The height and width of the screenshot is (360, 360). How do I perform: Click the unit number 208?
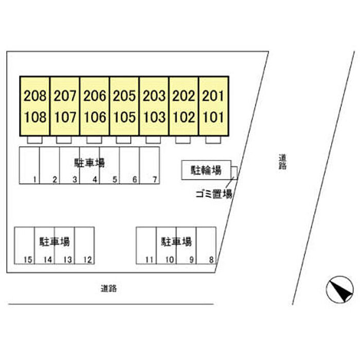[35, 96]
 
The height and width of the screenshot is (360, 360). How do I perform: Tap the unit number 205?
[124, 96]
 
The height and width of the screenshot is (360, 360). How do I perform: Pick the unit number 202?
[184, 96]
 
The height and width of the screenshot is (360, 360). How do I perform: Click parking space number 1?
[34, 179]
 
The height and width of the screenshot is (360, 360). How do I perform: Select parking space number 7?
[154, 179]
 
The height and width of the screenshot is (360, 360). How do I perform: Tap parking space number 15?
[28, 260]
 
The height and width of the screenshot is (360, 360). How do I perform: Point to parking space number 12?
[87, 260]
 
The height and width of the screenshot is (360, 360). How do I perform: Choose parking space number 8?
[211, 260]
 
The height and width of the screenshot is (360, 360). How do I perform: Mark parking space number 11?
[149, 260]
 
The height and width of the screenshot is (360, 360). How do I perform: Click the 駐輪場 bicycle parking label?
[206, 170]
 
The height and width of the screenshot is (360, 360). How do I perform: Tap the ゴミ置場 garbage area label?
[213, 194]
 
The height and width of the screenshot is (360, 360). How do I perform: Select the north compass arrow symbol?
[340, 290]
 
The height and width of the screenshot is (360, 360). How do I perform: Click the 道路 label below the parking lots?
[109, 289]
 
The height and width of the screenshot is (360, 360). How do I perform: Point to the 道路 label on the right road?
[282, 163]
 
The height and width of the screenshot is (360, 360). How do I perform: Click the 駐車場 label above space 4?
[89, 163]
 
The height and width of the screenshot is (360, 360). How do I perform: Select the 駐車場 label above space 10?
[176, 241]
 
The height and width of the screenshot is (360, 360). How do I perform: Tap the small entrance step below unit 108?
[34, 140]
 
